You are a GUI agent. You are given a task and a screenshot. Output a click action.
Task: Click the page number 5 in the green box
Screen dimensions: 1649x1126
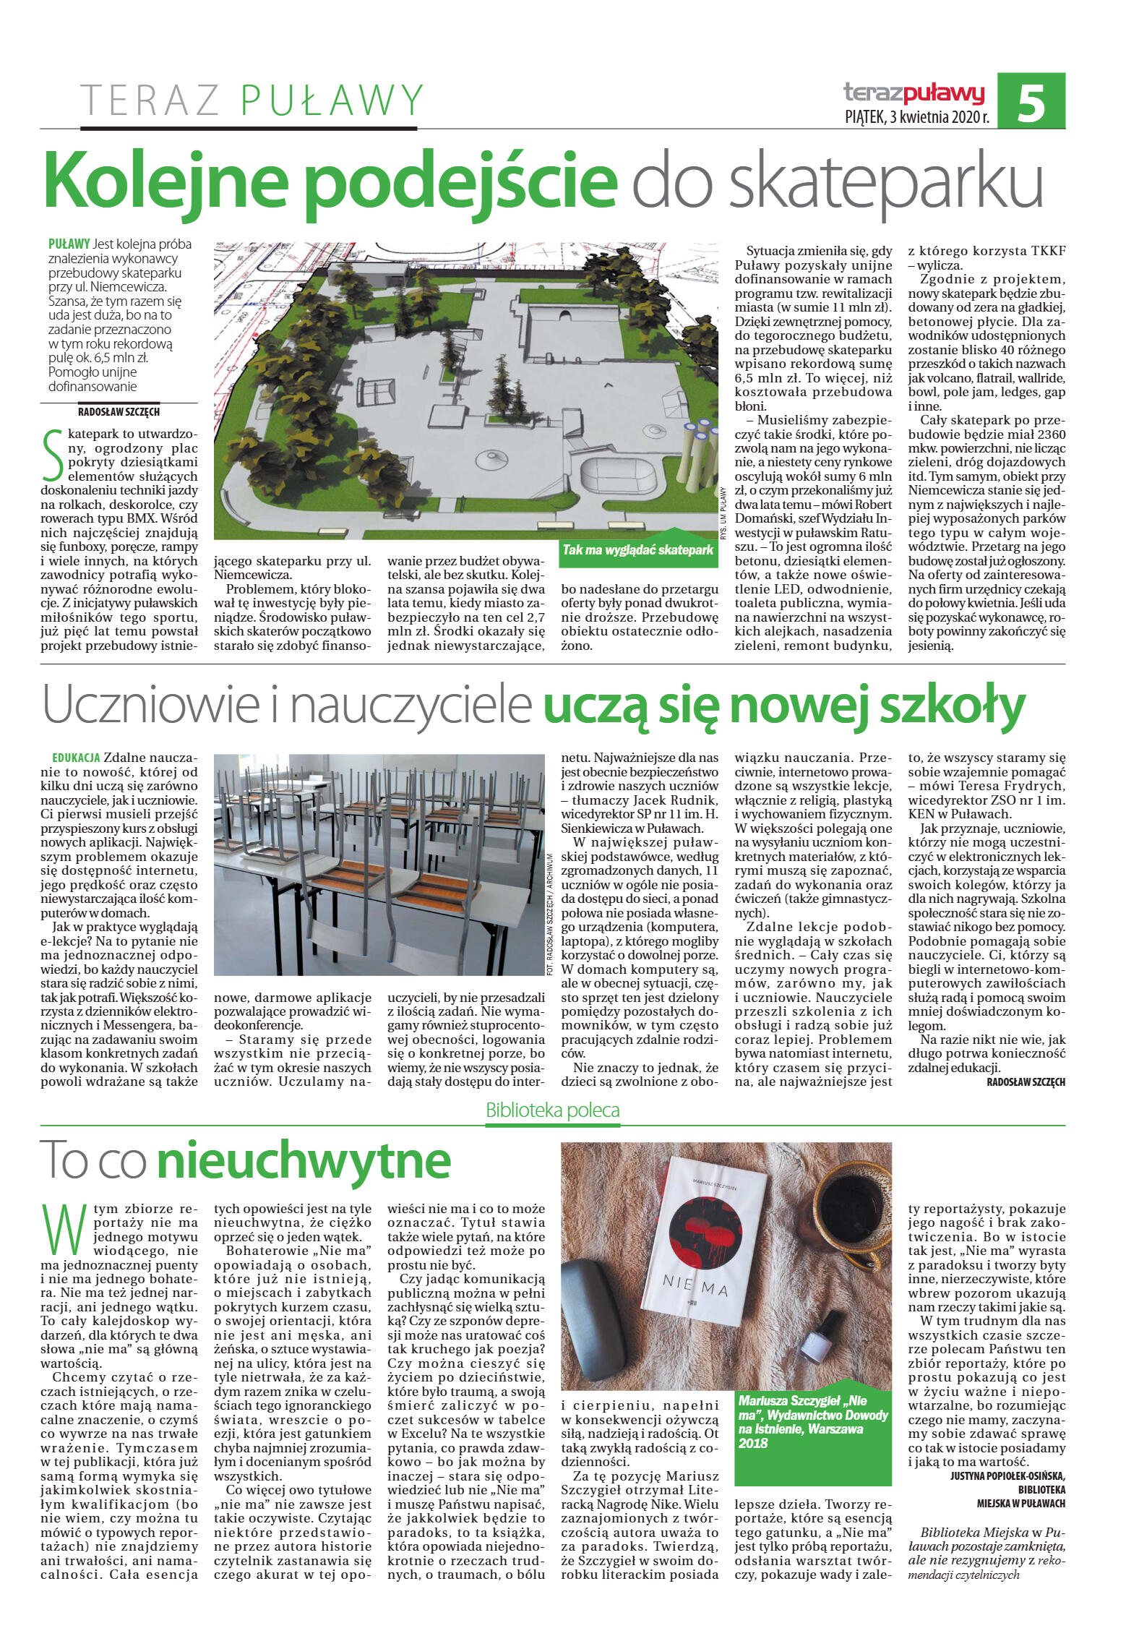pyautogui.click(x=1031, y=102)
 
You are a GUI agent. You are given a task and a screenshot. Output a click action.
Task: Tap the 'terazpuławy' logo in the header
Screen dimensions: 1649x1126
pyautogui.click(x=914, y=93)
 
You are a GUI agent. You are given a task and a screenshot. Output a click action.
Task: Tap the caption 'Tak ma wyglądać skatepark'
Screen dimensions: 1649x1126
pyautogui.click(x=637, y=550)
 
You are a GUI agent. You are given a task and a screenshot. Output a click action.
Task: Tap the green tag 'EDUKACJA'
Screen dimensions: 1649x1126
pyautogui.click(x=75, y=758)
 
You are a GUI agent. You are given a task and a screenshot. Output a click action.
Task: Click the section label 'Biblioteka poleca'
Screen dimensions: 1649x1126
pyautogui.click(x=552, y=1110)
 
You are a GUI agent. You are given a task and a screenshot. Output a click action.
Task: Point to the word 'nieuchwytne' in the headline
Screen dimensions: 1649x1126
pyautogui.click(x=304, y=1160)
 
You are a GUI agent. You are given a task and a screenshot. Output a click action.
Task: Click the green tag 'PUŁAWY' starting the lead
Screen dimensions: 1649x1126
pyautogui.click(x=69, y=244)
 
